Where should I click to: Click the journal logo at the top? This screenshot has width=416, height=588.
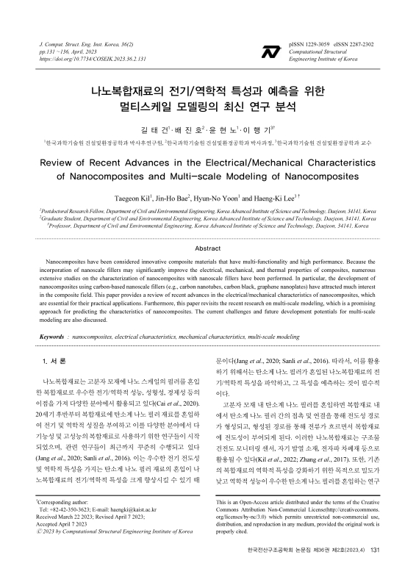(270, 51)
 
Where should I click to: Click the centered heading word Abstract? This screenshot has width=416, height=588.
(207, 249)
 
